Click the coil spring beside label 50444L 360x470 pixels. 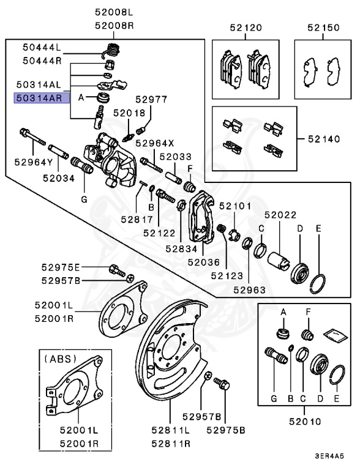coord(113,49)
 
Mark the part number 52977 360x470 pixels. coord(151,99)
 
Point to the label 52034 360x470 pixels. coord(58,178)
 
